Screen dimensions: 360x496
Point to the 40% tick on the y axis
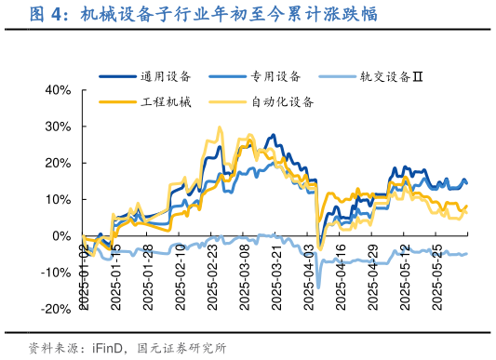tap(59, 90)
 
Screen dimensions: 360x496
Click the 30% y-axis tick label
tap(59, 127)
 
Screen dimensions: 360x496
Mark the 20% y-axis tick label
tap(59, 163)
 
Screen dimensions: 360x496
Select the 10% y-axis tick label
tap(59, 199)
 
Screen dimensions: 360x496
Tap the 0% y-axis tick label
tap(62, 235)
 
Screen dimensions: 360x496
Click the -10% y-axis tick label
tap(57, 272)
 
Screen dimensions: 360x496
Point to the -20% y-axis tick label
tap(57, 308)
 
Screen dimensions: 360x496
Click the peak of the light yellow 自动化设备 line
tap(220, 127)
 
